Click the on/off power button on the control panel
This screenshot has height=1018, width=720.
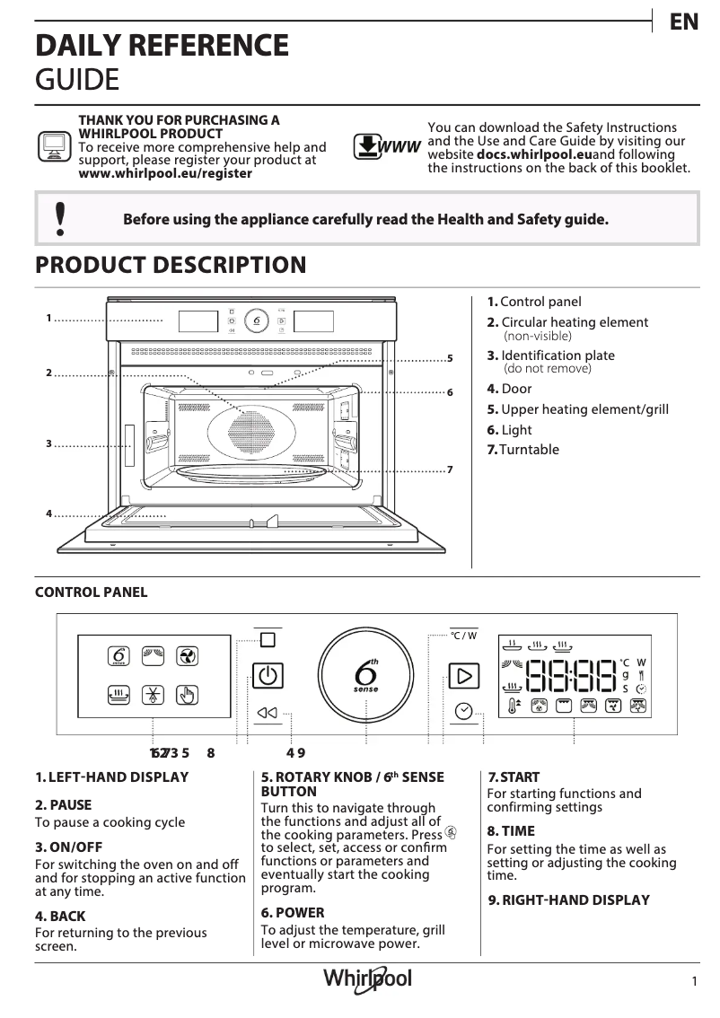[267, 675]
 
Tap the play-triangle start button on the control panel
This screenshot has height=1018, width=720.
[463, 675]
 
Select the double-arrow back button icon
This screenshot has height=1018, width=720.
[268, 713]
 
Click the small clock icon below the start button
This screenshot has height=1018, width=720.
[463, 711]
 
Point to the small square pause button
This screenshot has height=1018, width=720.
[268, 639]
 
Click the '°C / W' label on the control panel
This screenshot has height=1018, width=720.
[463, 636]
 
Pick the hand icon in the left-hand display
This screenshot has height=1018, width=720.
[186, 694]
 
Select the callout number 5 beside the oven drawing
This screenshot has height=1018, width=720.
[450, 359]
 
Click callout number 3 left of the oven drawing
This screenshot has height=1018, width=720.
[49, 443]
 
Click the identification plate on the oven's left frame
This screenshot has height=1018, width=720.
[130, 443]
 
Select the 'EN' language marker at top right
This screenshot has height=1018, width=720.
[683, 23]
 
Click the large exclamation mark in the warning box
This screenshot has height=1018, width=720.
[60, 218]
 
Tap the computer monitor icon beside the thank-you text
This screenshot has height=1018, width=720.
[53, 146]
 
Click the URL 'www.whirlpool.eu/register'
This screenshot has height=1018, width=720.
[165, 173]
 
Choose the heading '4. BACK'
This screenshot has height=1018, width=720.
[60, 917]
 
